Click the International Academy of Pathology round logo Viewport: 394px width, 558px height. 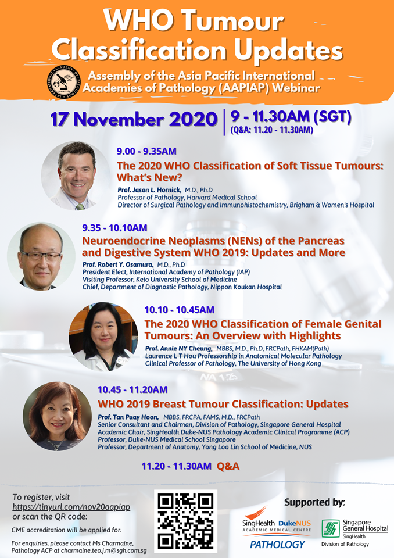[64, 81]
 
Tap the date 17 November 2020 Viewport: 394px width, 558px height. [134, 119]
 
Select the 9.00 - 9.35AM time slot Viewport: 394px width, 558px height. [146, 151]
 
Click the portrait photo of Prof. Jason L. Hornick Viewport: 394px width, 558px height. [76, 176]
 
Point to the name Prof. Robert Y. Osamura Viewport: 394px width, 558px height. [118, 264]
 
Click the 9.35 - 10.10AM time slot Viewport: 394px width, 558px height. [114, 228]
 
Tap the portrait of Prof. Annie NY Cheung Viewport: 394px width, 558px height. [103, 337]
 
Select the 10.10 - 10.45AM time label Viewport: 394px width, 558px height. [180, 310]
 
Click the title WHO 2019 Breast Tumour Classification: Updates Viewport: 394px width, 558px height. [223, 405]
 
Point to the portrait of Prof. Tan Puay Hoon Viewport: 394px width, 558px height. [58, 416]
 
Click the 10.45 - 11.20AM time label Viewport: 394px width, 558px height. [132, 389]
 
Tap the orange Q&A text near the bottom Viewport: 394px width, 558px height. [228, 466]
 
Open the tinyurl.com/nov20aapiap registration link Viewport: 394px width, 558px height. [71, 507]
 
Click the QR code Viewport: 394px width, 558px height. [185, 521]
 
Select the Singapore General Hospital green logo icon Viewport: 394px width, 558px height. [331, 528]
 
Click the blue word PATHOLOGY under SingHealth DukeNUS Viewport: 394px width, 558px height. [277, 545]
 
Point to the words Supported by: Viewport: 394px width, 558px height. [314, 502]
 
